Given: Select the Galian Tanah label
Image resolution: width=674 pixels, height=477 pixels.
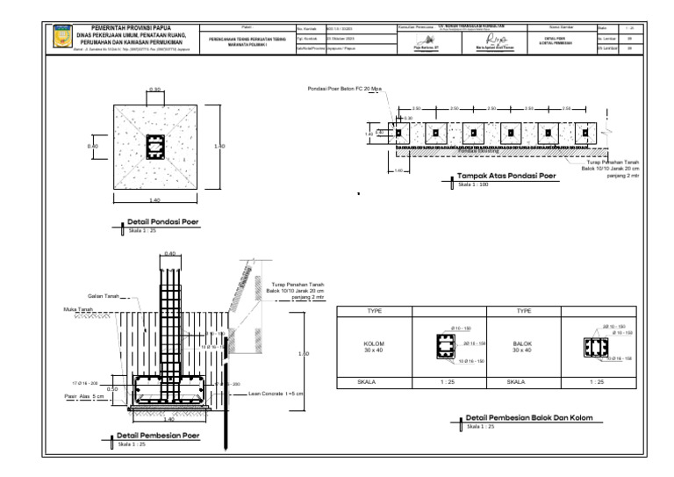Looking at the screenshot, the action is pos(104,295).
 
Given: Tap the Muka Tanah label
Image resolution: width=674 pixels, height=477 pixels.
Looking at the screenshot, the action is pos(79,309).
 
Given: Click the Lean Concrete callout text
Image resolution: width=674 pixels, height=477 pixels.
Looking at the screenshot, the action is pos(276,394).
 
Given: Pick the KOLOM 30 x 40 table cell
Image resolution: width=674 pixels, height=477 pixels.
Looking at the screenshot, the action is pos(375,346).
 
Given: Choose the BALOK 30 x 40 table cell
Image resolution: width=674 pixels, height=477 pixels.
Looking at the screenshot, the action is pos(522,346).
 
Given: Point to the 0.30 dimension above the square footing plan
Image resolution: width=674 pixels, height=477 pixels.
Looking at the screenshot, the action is pos(155,90).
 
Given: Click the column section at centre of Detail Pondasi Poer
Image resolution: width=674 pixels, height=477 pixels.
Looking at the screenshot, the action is pos(155,145).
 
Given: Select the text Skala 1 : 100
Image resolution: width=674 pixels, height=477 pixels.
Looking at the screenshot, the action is pos(471,185).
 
